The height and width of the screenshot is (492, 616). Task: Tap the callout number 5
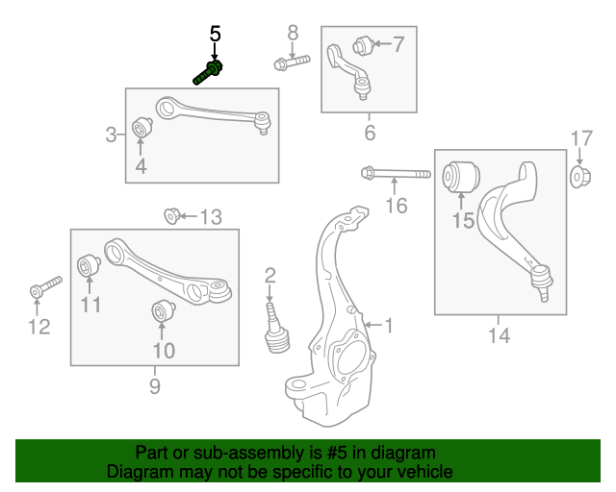point(215,34)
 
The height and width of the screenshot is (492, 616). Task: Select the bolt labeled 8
point(291,64)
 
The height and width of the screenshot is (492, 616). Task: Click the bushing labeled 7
point(363,44)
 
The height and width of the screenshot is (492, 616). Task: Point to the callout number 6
point(370,133)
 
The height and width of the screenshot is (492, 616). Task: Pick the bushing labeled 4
point(141,128)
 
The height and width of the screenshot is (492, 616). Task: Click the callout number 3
point(112,135)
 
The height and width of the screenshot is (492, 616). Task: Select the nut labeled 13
point(172,215)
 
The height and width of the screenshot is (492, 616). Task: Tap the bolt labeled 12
point(44,286)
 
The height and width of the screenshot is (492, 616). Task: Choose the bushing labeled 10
point(162,311)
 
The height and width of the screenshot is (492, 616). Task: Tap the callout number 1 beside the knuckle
point(389,326)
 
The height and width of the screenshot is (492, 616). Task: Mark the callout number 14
point(499,335)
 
